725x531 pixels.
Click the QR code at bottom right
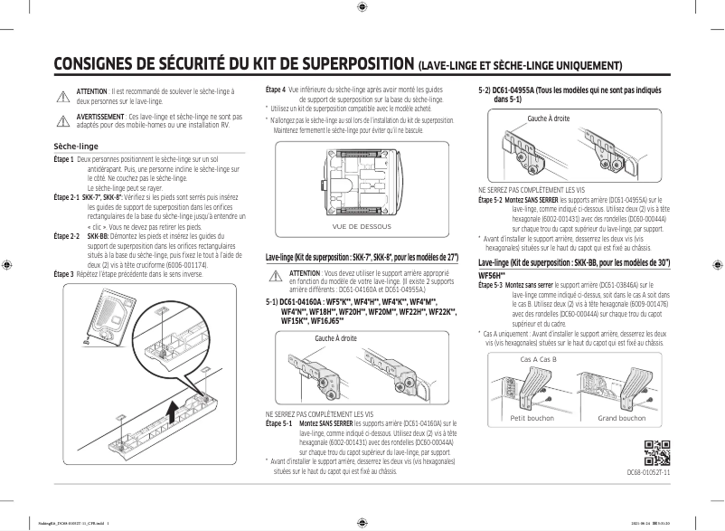point(657,450)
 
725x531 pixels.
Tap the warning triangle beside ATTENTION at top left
point(62,96)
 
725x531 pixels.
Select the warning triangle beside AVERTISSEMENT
point(62,120)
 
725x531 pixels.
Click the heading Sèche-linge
point(76,146)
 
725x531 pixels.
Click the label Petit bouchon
point(532,419)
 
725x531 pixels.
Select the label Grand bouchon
point(620,419)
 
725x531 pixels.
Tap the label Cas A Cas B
point(538,359)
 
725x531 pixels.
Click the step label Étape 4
point(275,90)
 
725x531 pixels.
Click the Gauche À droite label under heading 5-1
point(335,338)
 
